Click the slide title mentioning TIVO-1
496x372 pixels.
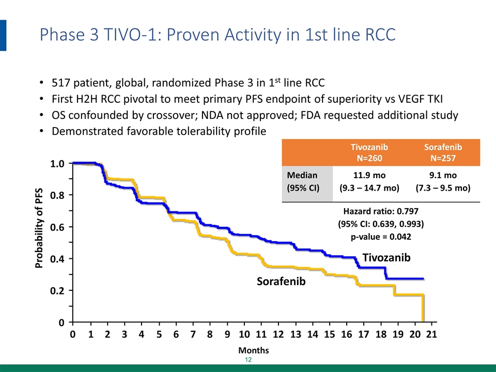click(x=218, y=35)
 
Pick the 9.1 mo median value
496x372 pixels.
click(x=443, y=176)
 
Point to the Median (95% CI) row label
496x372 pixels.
click(x=303, y=182)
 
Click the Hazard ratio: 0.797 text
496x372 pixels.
click(x=381, y=211)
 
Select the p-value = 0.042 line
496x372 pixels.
click(x=381, y=237)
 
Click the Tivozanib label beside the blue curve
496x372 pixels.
click(x=386, y=257)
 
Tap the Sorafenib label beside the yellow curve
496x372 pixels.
click(x=282, y=282)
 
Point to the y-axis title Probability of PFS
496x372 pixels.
click(x=39, y=227)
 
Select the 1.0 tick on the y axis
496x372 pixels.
click(x=57, y=164)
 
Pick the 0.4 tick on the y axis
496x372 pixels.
click(x=57, y=259)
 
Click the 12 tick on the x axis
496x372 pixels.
click(x=278, y=334)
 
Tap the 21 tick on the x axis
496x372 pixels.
click(x=432, y=334)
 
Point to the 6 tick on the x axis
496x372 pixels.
click(x=176, y=334)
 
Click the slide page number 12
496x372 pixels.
click(x=248, y=360)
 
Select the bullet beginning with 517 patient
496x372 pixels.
click(x=188, y=83)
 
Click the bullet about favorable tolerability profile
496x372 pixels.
click(x=159, y=131)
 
